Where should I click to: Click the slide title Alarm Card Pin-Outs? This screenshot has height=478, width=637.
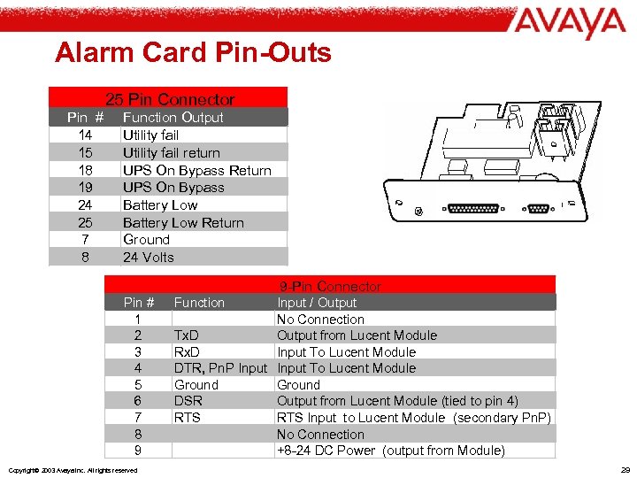[x=193, y=53]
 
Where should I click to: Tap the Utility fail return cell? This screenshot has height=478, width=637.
[x=171, y=152]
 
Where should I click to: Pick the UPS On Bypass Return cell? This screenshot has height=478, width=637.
[x=196, y=170]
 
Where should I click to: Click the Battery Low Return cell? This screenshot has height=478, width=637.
[x=182, y=222]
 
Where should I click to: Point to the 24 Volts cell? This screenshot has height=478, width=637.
[x=149, y=257]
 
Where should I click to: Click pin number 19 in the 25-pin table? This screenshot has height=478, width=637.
[x=85, y=187]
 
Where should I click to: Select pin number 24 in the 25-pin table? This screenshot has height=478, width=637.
[x=85, y=204]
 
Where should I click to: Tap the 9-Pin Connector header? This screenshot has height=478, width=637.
[x=330, y=286]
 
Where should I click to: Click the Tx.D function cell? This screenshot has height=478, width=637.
[x=186, y=335]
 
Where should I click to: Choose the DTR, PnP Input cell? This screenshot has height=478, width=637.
[x=220, y=368]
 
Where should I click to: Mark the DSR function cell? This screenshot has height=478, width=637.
[x=188, y=401]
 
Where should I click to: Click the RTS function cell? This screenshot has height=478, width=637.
[x=187, y=417]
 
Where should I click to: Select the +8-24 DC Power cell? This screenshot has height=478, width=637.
[x=390, y=451]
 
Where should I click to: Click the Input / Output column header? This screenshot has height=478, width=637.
[x=317, y=303]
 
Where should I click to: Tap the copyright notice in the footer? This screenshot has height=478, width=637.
[x=72, y=470]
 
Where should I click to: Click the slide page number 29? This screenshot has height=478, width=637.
[x=625, y=469]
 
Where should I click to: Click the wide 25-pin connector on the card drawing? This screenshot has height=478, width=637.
[x=473, y=211]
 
